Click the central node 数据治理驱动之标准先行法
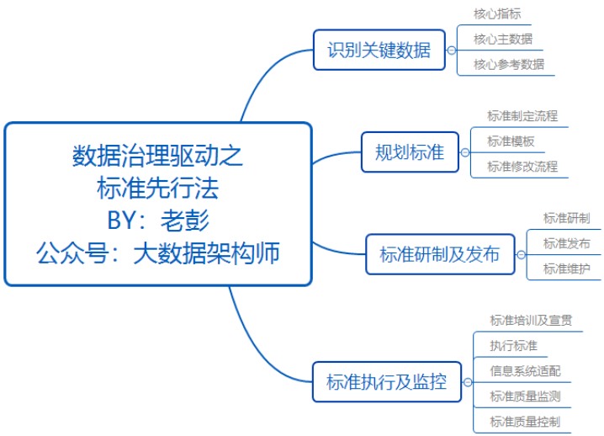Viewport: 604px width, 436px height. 158,204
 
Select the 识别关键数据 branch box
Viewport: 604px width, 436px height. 379,50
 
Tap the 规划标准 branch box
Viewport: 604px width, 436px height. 410,152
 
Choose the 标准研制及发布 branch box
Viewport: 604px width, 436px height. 439,254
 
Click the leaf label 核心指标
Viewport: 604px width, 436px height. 497,14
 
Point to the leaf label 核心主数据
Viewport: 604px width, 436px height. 502,39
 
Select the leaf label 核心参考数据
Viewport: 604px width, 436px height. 508,64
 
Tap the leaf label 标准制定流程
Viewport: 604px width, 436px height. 522,116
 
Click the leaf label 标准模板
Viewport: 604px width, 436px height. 511,141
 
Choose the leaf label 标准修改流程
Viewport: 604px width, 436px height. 522,167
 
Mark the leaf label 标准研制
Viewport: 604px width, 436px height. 566,218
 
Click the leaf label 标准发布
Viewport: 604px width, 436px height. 566,244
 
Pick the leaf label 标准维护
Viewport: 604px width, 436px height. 566,269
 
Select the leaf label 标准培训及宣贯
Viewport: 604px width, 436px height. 531,320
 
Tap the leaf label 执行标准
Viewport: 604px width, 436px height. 513,345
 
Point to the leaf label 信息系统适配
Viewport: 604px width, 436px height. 525,370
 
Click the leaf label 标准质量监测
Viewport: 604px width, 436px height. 525,396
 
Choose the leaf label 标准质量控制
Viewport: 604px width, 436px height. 525,422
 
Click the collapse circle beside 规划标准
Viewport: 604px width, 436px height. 464,153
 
